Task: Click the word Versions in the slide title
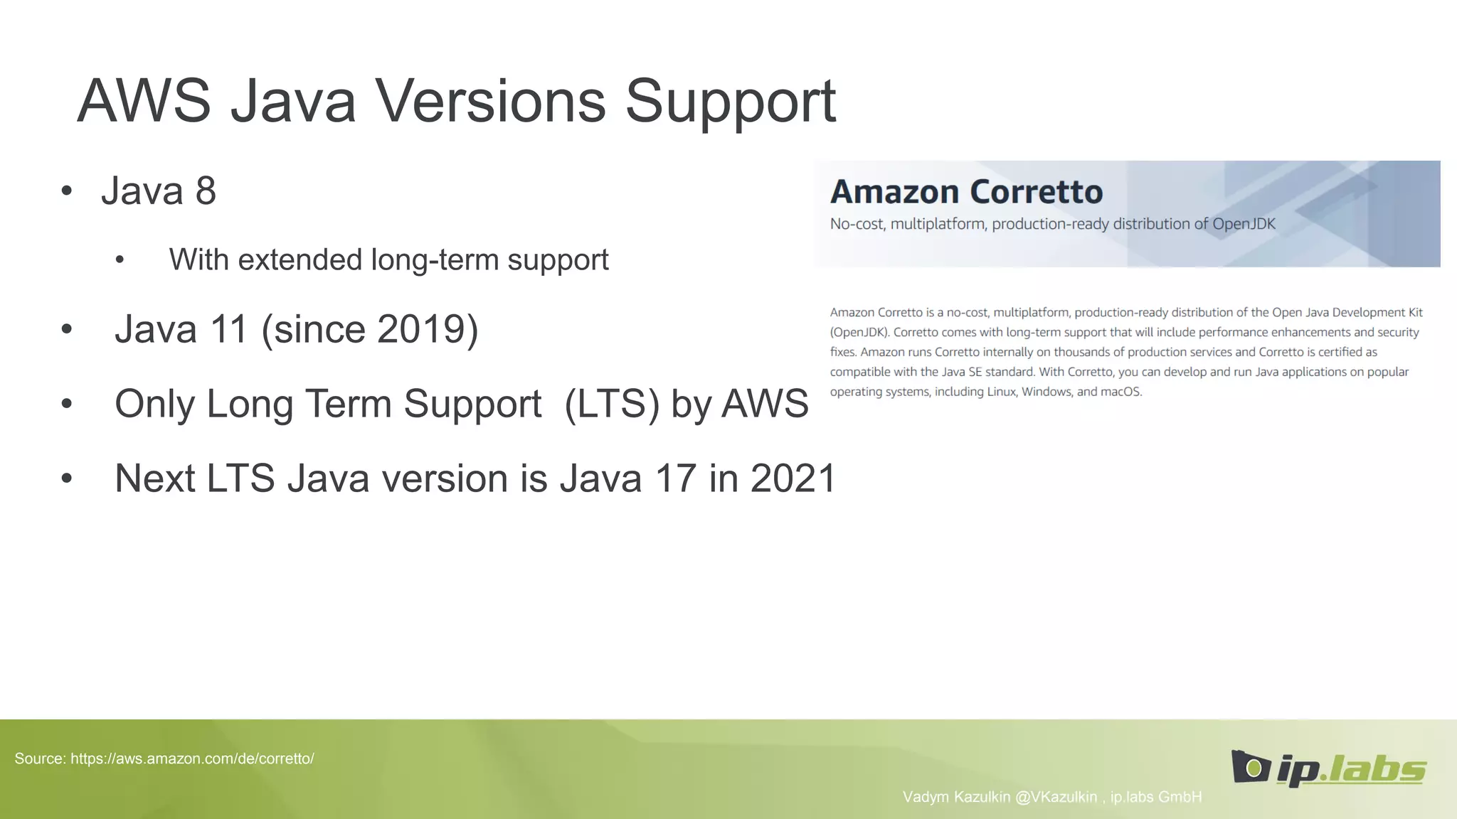[x=490, y=101]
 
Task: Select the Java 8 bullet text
[x=158, y=191]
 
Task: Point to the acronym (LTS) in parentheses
[x=612, y=404]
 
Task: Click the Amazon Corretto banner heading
[x=966, y=192]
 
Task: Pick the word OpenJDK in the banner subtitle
[x=1244, y=225]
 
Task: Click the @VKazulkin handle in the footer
[x=1056, y=797]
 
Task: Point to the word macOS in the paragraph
[x=1120, y=392]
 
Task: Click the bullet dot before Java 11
[x=67, y=329]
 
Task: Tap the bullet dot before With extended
[x=120, y=260]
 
